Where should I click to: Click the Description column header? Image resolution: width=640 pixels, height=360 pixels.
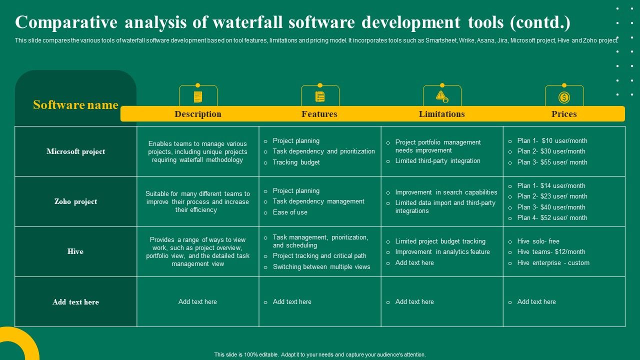pyautogui.click(x=197, y=114)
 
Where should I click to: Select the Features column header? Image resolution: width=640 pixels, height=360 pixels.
pyautogui.click(x=319, y=114)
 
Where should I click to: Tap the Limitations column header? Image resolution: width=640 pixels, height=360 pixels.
pyautogui.click(x=441, y=114)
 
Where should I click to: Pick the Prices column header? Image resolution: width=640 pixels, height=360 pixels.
pyautogui.click(x=564, y=114)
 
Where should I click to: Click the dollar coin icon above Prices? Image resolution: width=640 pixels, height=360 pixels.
pyautogui.click(x=564, y=97)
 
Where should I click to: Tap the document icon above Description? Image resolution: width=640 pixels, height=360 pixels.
pyautogui.click(x=198, y=97)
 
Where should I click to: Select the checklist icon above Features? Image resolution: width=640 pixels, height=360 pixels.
pyautogui.click(x=320, y=97)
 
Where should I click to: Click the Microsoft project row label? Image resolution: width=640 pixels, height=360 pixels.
pyautogui.click(x=76, y=151)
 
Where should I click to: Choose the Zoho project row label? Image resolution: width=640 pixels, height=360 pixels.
pyautogui.click(x=76, y=201)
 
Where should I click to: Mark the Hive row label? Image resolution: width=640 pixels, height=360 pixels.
pyautogui.click(x=75, y=251)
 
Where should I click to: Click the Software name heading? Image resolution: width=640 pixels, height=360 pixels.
pyautogui.click(x=76, y=105)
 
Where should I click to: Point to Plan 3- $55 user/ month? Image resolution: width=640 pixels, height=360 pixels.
pyautogui.click(x=552, y=162)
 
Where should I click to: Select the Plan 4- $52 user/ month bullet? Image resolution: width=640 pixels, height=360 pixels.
pyautogui.click(x=552, y=217)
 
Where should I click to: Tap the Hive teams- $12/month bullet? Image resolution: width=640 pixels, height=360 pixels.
pyautogui.click(x=551, y=251)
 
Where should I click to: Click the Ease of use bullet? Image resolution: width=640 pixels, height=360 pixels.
pyautogui.click(x=290, y=212)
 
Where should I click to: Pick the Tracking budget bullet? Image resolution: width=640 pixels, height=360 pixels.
pyautogui.click(x=296, y=162)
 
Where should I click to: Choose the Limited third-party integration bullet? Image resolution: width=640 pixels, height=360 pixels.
pyautogui.click(x=437, y=160)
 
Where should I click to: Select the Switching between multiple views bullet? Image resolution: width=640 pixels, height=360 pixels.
pyautogui.click(x=321, y=266)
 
